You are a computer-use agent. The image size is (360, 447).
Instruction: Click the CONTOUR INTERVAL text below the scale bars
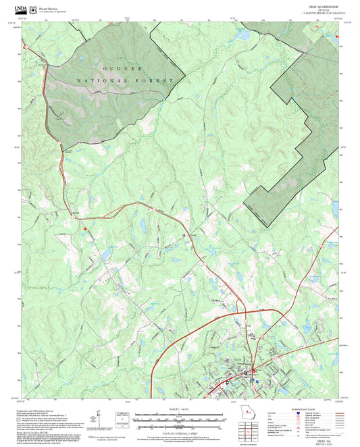coord(180,434)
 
